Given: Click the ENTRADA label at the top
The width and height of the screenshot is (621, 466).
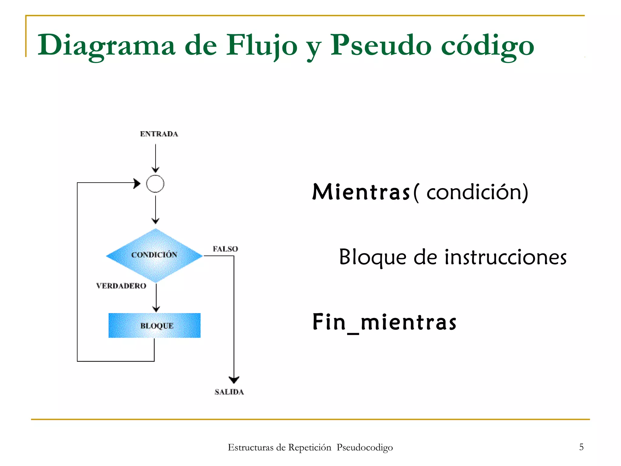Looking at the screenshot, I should (x=159, y=134).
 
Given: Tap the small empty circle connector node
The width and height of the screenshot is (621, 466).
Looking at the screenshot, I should (x=155, y=184).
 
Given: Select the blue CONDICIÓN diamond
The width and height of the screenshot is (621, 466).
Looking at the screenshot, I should (x=154, y=255).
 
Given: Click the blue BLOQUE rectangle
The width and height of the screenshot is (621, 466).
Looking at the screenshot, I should (x=155, y=326).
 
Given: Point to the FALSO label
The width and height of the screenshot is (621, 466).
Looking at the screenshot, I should (x=225, y=249).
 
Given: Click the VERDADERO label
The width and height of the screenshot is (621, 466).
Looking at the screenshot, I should (x=121, y=286).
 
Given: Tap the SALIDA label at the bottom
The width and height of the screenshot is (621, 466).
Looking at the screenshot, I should (x=229, y=392).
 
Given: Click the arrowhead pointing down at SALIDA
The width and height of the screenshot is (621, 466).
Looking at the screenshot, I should (x=234, y=380).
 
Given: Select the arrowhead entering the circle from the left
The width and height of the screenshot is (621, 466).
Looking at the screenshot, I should (x=137, y=183).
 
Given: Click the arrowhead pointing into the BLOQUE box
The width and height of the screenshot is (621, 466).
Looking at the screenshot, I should (x=156, y=309).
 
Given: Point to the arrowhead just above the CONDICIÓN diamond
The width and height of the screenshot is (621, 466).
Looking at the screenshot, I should (x=156, y=221).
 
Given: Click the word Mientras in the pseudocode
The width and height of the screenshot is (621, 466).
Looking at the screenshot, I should (x=361, y=192).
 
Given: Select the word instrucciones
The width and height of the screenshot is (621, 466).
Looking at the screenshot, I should (x=505, y=257).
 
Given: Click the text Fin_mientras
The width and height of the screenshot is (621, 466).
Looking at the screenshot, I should (x=384, y=322).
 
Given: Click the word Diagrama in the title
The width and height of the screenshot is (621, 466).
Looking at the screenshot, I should (x=106, y=46).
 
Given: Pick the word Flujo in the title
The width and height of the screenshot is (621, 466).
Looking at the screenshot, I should (x=262, y=46).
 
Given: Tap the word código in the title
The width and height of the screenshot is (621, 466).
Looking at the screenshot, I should (x=487, y=46).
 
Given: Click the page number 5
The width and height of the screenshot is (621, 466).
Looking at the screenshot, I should (x=581, y=447).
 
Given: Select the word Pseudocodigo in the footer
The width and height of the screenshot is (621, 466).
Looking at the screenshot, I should (x=365, y=447).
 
